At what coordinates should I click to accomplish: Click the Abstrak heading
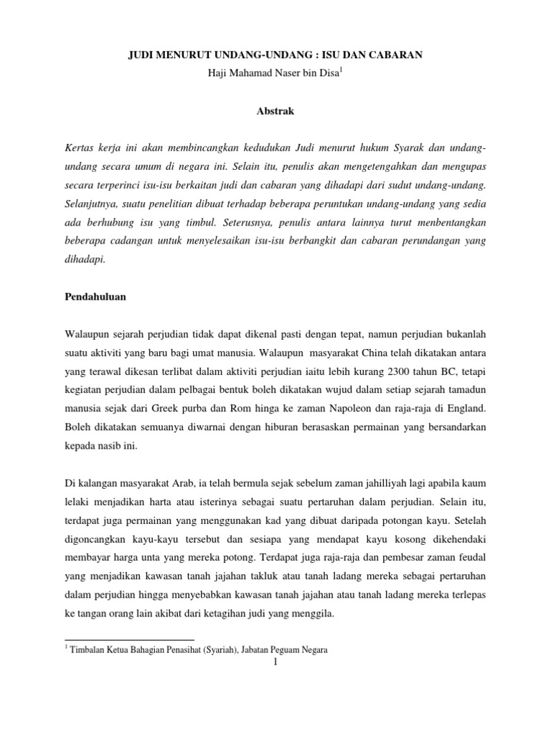coord(275,111)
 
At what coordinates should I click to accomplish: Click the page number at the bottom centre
coord(275,662)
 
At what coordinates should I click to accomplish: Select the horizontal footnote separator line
coord(129,639)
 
